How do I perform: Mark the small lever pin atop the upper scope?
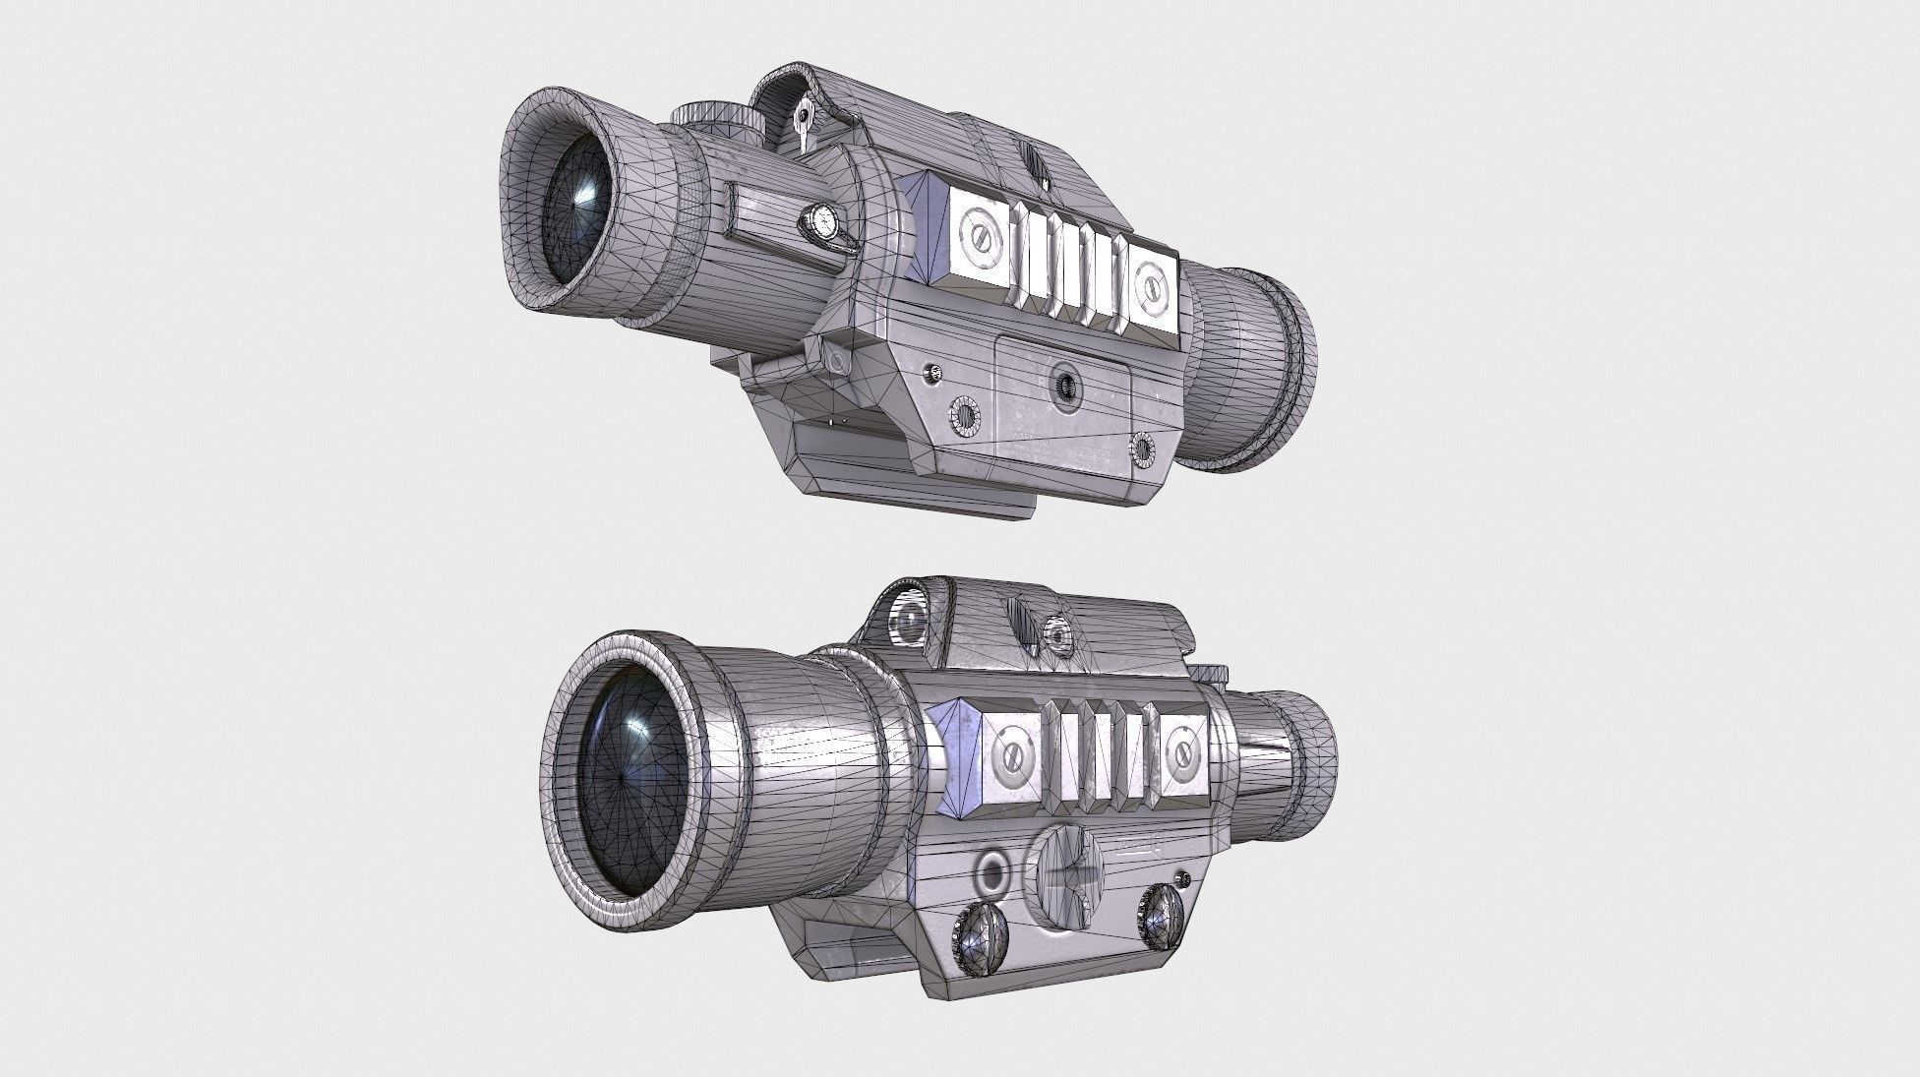[804, 118]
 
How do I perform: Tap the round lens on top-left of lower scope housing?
[911, 619]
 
